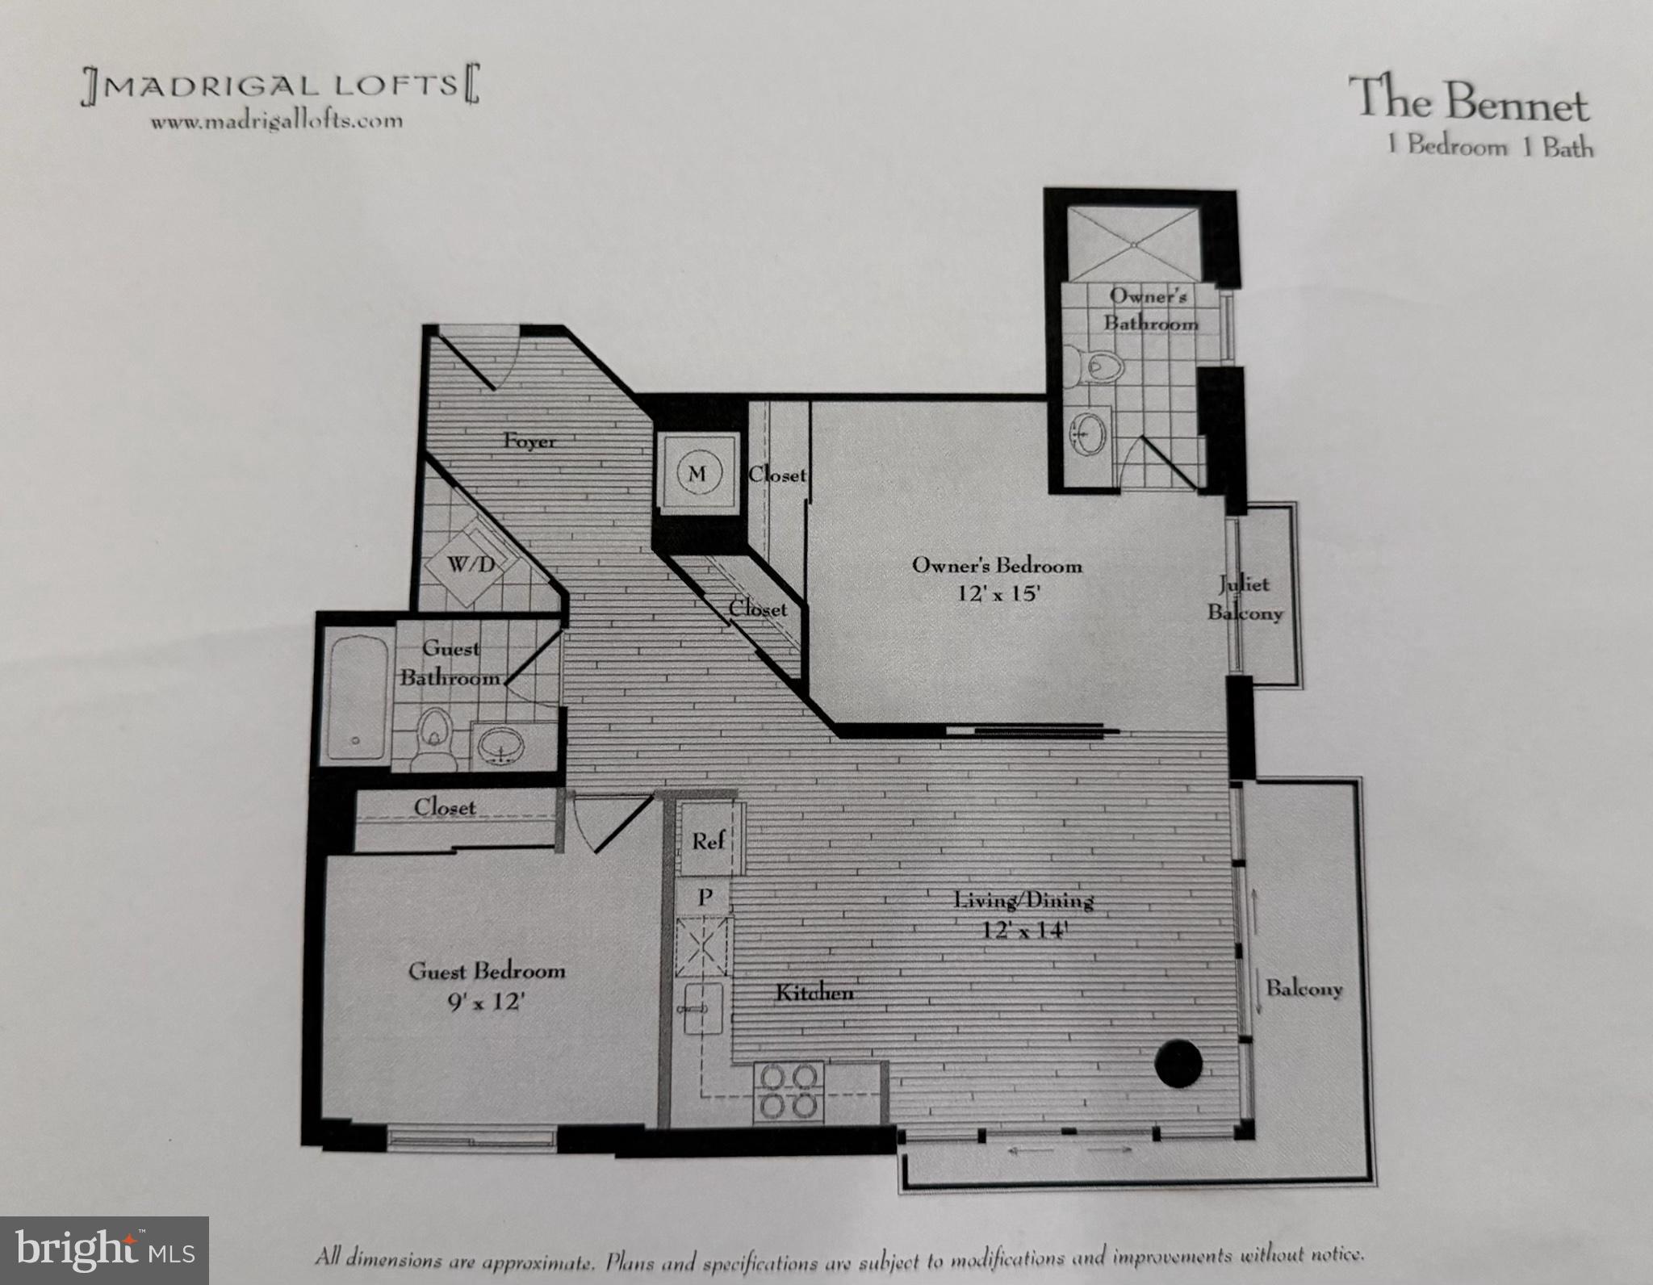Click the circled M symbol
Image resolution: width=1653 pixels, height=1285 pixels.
pos(697,474)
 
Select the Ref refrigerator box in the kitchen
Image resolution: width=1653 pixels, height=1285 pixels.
pos(708,841)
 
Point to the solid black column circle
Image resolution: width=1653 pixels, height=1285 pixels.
pos(1179,1063)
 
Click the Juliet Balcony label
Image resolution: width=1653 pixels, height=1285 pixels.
pos(1244,598)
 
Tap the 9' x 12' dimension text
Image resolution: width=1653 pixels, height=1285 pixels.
pos(486,1003)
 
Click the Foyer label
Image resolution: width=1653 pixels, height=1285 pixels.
pos(529,442)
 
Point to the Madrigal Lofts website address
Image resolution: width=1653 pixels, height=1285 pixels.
pos(276,121)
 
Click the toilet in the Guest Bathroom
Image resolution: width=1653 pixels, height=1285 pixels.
pos(434,735)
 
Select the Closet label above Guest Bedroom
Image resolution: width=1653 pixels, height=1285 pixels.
pos(445,806)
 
